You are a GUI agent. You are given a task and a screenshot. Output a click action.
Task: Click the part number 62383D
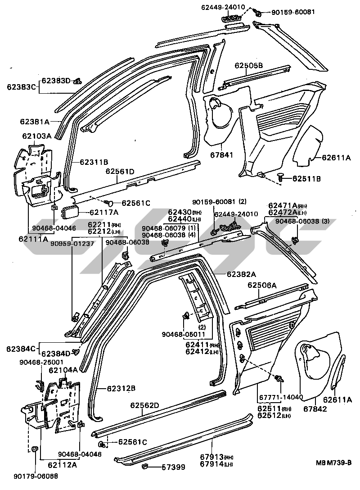(x=57, y=81)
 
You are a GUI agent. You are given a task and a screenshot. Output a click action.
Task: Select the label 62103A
(x=38, y=136)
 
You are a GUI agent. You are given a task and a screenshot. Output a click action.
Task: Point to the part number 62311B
(x=94, y=161)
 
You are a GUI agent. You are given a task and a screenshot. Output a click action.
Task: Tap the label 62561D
(x=120, y=172)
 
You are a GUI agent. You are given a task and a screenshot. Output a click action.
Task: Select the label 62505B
(x=248, y=65)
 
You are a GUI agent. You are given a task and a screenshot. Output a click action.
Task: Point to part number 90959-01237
(x=72, y=244)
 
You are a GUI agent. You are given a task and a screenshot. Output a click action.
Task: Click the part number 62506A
(x=262, y=285)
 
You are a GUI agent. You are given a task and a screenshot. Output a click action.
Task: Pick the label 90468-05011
(x=184, y=334)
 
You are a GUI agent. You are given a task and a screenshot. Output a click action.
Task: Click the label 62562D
(x=145, y=405)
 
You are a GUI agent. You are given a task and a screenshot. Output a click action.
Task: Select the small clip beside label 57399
(x=146, y=466)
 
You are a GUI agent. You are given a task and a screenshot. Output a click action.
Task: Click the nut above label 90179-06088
(x=35, y=450)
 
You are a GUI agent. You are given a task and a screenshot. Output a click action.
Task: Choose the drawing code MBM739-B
(x=333, y=463)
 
